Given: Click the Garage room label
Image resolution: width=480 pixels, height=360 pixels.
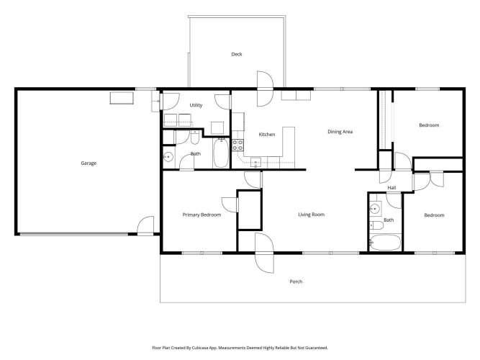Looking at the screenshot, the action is coord(89,163).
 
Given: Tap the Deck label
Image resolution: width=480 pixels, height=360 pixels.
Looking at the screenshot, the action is coord(237,54).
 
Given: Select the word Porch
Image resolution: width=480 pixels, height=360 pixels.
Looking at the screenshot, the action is coord(296,282).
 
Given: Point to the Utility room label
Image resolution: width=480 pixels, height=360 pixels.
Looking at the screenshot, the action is coord(196,105).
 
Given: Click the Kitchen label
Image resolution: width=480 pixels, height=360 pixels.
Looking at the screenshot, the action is coord(267,134).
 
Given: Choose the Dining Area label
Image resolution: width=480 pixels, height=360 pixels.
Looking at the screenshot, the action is coord(340,132).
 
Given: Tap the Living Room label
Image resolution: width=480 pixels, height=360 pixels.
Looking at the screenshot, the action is coord(312,215).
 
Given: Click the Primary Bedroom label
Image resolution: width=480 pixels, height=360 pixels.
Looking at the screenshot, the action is coord(201,215).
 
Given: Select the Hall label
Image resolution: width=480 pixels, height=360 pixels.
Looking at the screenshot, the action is coord(391,187).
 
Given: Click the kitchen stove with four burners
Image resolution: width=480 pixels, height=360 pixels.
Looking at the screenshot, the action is coord(237,145).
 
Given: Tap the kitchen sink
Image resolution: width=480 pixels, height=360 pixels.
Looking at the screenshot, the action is coord(255,163).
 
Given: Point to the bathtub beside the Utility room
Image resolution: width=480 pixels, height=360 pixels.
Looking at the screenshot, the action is coord(221,153).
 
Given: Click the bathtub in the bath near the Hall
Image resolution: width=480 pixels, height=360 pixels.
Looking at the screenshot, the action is coord(385,243).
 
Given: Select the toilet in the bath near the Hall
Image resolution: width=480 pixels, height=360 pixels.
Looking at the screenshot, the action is coord(376,226).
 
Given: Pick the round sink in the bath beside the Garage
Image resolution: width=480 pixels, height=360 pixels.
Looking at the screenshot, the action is coord(168,157).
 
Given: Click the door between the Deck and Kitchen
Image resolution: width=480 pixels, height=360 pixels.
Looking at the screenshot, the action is coord(265,89).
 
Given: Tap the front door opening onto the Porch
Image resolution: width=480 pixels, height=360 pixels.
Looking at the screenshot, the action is coord(264,253).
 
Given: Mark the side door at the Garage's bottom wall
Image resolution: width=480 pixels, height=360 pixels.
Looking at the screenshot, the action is coord(145,226).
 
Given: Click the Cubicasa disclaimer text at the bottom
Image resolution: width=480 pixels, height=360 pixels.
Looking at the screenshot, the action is coord(240,348).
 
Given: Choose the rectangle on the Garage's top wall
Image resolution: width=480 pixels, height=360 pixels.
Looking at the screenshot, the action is coord(122,98).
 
